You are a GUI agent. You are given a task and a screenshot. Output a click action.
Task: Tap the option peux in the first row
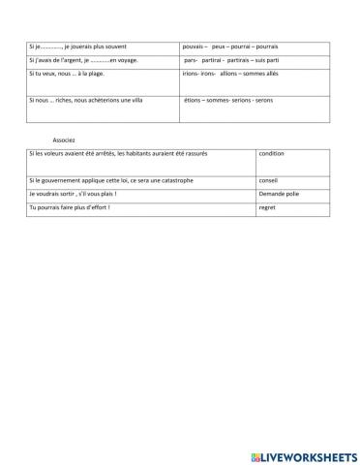pyautogui.click(x=219, y=46)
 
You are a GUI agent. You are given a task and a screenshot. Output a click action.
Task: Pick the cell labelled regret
pyautogui.click(x=268, y=207)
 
